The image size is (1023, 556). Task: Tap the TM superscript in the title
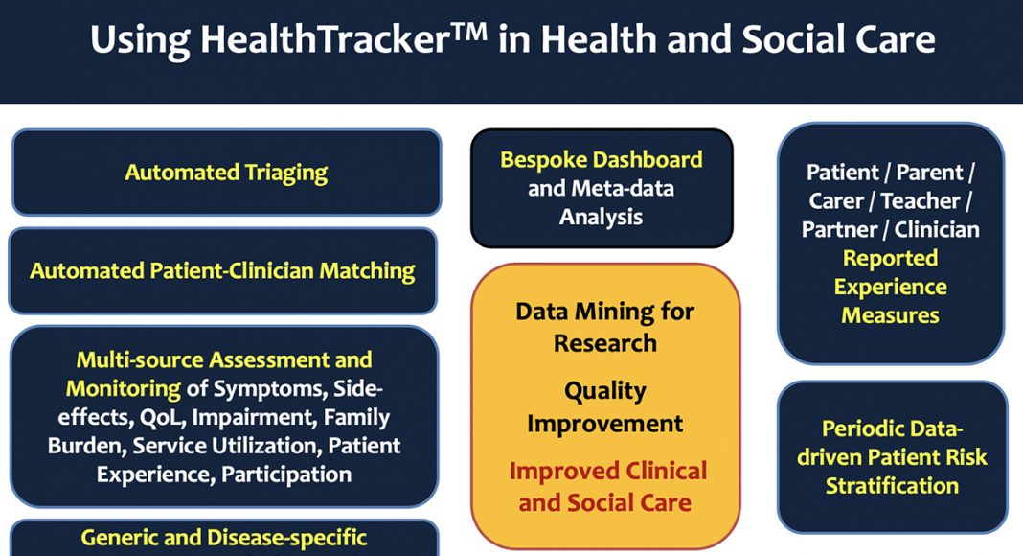point(468,31)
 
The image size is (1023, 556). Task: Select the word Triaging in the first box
point(285,173)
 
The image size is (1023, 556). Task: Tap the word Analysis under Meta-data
point(601,218)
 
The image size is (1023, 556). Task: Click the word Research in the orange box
point(605,343)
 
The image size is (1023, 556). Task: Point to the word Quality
point(605,391)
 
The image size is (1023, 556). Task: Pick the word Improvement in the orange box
point(605,424)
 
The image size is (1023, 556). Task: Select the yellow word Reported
point(891,259)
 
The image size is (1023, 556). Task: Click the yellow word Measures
point(891,315)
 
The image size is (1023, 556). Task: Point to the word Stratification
point(892,486)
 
